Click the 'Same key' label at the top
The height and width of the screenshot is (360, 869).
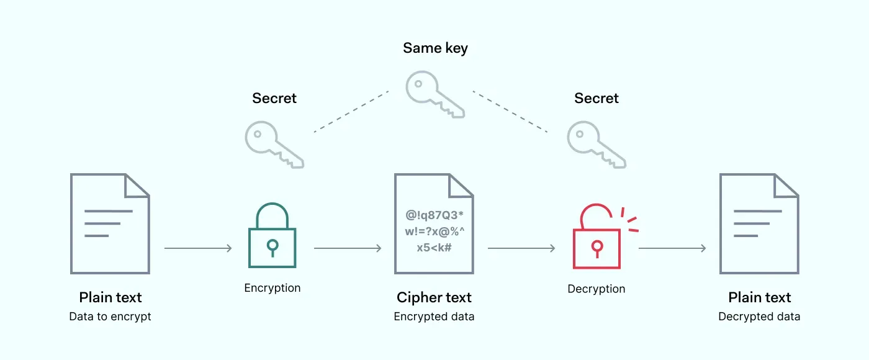435,48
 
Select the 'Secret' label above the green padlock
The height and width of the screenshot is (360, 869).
274,98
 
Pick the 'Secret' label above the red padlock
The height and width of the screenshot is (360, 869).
596,98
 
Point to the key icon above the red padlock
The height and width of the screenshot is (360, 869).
597,144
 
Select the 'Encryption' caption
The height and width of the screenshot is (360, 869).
272,288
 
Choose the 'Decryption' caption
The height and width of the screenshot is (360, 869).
597,289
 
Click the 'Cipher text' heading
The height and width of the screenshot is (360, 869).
434,297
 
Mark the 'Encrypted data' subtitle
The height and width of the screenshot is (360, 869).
434,317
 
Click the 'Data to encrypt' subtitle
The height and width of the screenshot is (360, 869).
110,317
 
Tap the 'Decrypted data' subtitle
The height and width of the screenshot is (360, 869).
759,317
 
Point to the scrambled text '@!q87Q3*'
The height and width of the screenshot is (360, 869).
434,215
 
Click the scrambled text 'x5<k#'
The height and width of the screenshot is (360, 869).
434,247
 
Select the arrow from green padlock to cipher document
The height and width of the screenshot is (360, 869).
348,248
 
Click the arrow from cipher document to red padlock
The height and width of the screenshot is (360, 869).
521,248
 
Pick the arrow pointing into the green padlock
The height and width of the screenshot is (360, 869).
198,248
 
